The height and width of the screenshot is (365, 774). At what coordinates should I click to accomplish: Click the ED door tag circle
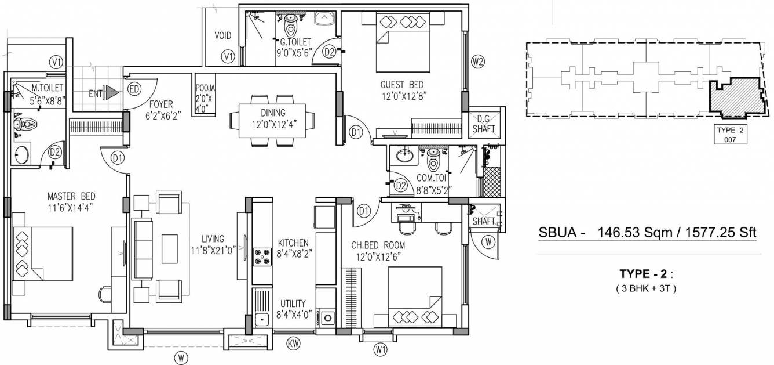pos(134,90)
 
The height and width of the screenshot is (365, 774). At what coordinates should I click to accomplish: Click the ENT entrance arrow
pos(112,92)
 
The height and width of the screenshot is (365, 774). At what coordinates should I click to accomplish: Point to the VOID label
pos(223,36)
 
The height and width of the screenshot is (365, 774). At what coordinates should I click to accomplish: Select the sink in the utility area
pos(262,319)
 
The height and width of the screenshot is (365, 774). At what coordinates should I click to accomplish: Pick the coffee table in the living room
pos(170,248)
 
